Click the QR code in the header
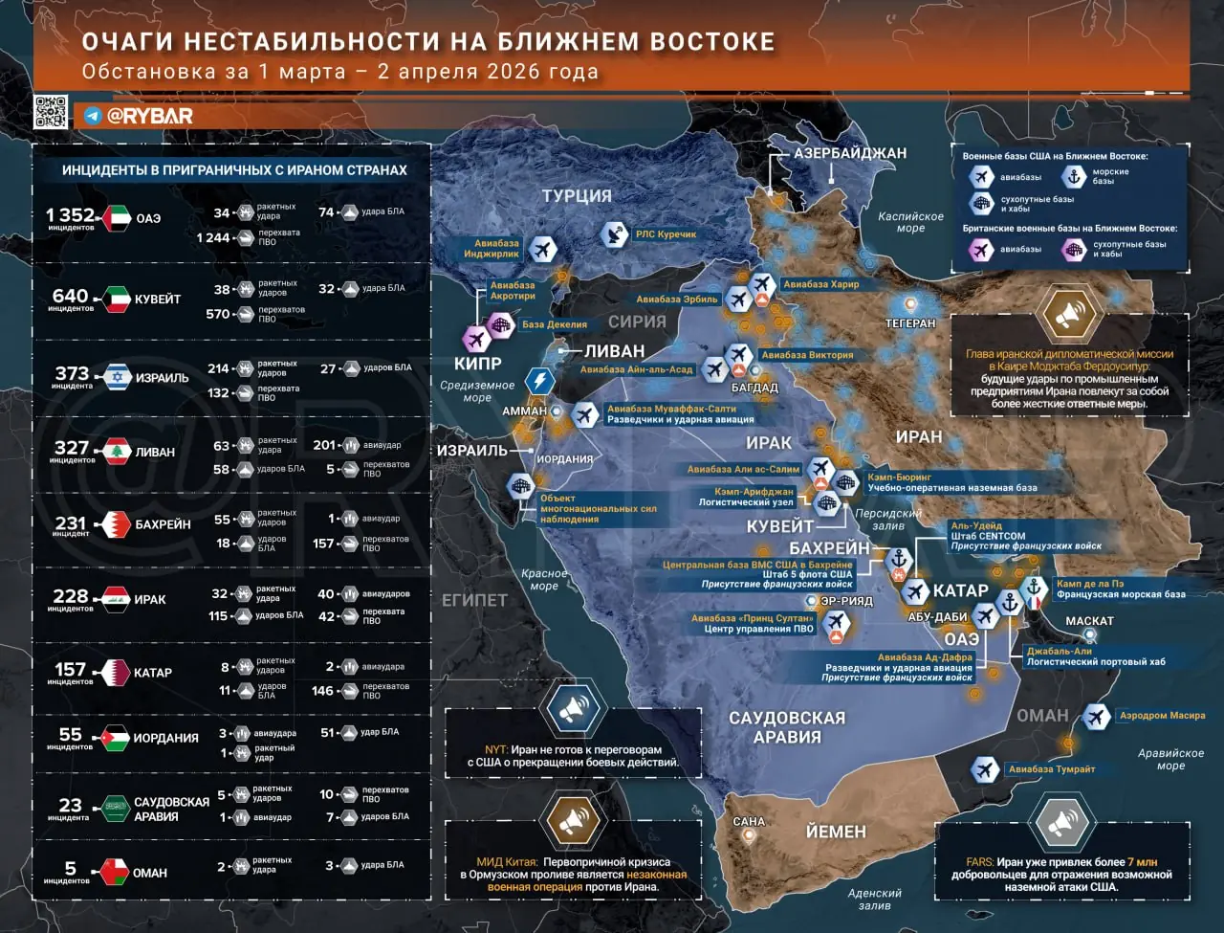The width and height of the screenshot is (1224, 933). tap(51, 112)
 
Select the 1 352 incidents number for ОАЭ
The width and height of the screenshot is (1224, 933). tap(71, 215)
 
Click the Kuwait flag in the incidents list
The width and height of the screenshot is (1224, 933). tap(117, 299)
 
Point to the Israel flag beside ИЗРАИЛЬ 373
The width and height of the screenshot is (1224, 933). tap(118, 377)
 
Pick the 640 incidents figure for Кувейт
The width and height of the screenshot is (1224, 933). tap(71, 296)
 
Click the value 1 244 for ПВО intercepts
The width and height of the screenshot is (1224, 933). tap(213, 237)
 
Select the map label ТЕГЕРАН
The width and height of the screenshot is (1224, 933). tap(909, 323)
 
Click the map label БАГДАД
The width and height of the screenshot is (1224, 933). tap(754, 388)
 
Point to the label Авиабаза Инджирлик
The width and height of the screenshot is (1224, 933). tap(492, 249)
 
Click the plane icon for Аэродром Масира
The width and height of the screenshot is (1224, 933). tap(1096, 716)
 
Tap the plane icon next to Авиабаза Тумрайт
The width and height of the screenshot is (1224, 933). tap(984, 768)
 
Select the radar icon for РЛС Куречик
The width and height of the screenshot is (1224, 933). tap(614, 233)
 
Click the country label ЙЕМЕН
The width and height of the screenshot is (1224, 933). tap(835, 832)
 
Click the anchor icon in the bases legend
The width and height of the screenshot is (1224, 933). tap(1073, 176)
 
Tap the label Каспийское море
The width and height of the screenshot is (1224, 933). tap(910, 222)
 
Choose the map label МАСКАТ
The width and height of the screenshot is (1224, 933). tap(1089, 621)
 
